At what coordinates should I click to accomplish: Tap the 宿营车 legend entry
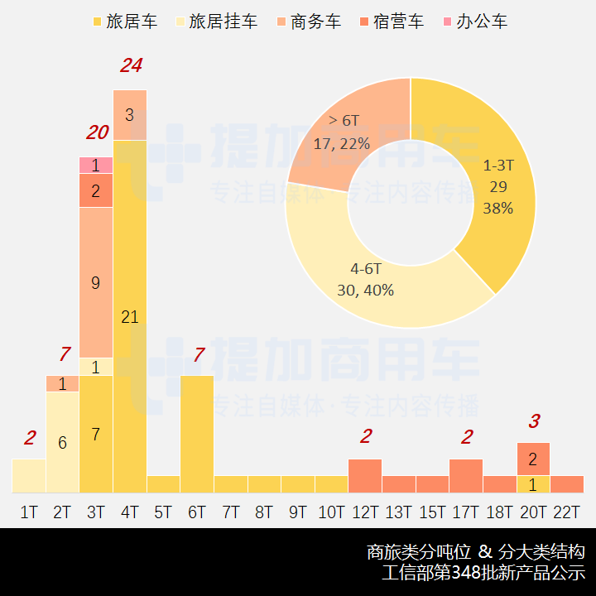390,22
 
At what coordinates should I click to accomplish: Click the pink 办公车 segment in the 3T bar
96,165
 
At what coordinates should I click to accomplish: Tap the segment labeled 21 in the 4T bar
130,316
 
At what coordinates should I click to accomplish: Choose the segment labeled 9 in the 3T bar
96,282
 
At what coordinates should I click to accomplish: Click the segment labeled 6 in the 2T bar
62,442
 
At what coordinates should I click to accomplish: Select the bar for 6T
197,434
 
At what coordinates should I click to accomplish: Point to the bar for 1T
29,476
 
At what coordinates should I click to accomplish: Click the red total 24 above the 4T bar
131,65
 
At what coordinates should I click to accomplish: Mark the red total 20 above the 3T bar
97,132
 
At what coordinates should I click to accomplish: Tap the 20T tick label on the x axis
533,512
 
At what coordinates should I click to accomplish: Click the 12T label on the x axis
365,512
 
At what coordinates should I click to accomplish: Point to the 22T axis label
567,512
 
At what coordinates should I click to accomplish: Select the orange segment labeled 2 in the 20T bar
533,459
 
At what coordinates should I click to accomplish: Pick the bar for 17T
466,476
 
